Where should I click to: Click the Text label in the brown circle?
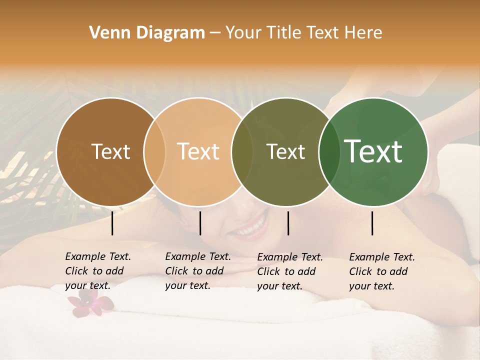(x=110, y=151)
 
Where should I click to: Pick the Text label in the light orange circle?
(x=198, y=151)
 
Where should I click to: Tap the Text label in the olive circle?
(x=285, y=151)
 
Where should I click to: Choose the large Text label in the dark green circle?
(x=373, y=151)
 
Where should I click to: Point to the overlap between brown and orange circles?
(x=154, y=151)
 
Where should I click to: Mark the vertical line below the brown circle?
(x=112, y=223)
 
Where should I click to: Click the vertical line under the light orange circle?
(x=200, y=223)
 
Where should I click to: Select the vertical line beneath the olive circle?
(x=288, y=223)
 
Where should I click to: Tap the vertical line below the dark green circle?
(x=372, y=223)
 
